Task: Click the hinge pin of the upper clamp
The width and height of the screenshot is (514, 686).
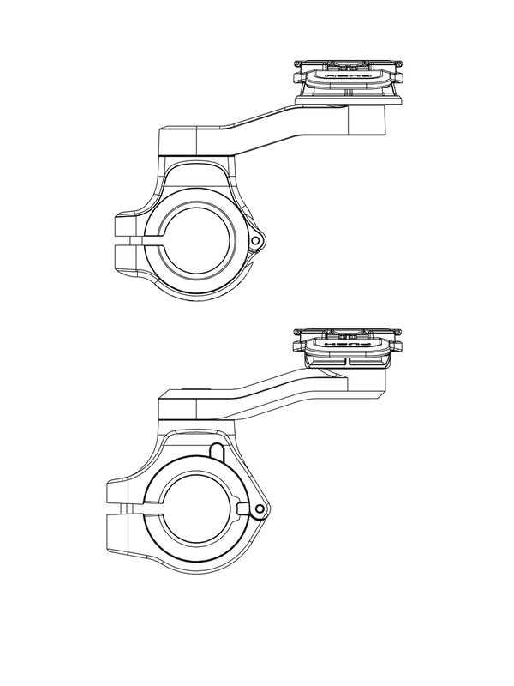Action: coord(256,243)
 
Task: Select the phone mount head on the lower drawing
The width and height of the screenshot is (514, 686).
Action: coord(347,344)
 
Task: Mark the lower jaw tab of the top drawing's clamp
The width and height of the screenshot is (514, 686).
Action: coord(128,260)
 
